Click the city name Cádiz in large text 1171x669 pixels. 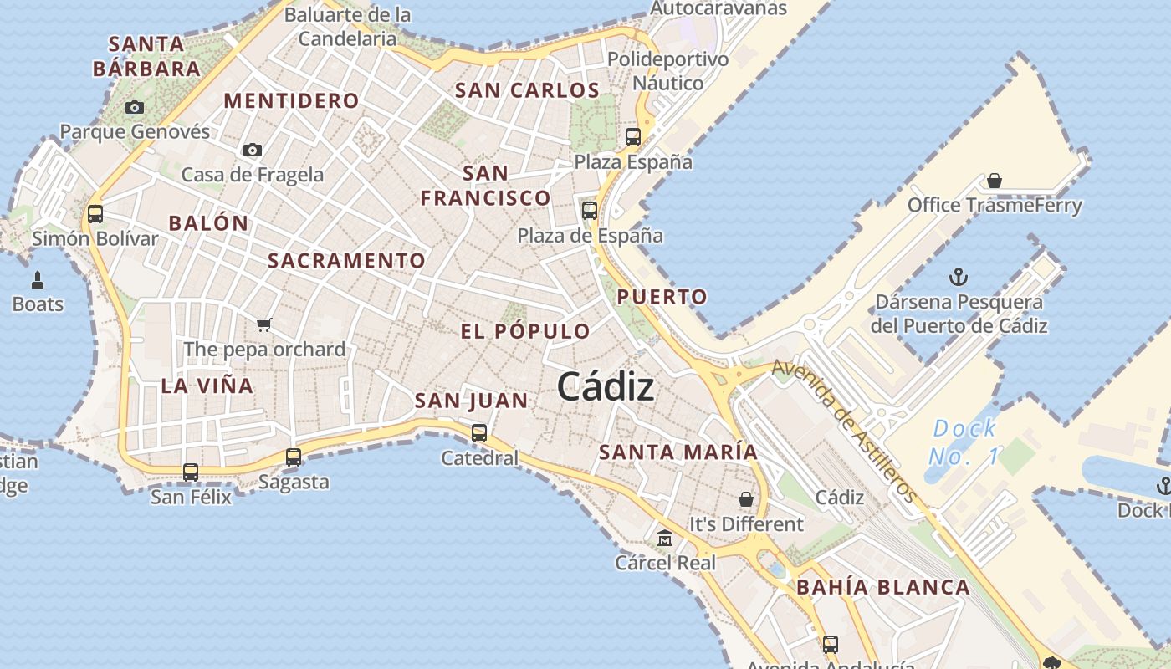point(605,387)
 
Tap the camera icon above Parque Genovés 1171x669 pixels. point(134,107)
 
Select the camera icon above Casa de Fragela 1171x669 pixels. point(252,151)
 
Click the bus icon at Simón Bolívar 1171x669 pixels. point(95,214)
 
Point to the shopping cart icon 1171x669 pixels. point(263,324)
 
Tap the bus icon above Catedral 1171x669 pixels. point(478,433)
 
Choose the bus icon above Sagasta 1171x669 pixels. point(293,457)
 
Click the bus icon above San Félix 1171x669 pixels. point(191,472)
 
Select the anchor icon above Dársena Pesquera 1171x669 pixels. point(959,277)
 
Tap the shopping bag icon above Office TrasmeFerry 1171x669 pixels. point(995,181)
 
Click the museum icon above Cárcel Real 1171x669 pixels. point(665,538)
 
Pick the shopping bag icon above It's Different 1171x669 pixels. point(745,499)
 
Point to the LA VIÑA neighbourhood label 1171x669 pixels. point(207,386)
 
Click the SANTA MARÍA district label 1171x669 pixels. point(678,452)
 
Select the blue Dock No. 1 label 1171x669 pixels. point(964,442)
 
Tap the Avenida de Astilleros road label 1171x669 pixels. point(844,432)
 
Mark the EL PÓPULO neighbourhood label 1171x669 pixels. point(525,331)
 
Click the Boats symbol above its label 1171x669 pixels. point(37,279)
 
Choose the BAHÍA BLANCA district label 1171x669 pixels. point(883,587)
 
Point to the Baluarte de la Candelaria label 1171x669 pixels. point(348,27)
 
